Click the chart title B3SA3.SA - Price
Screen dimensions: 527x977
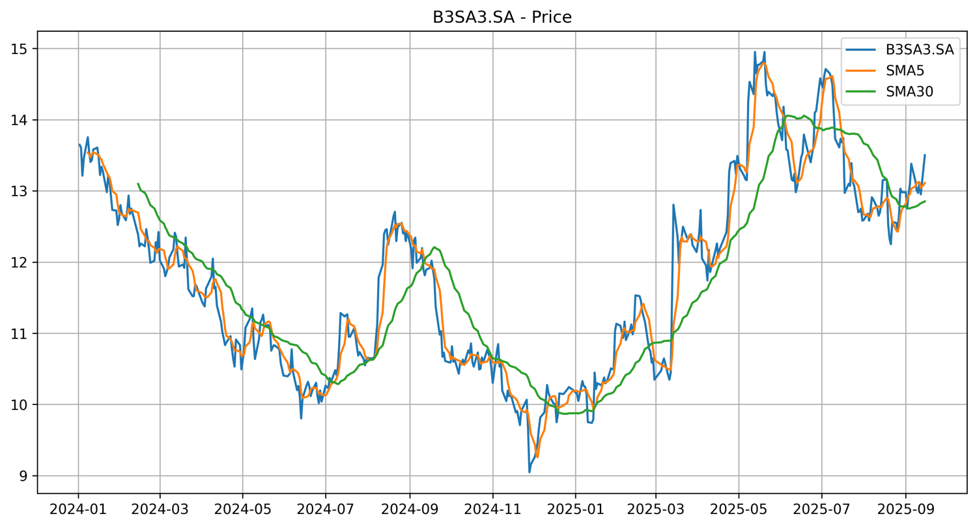tap(502, 18)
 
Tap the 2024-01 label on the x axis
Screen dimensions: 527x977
tap(78, 507)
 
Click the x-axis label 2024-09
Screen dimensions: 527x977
tap(410, 507)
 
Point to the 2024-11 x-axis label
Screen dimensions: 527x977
tap(492, 507)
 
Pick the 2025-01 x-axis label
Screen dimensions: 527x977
tap(575, 507)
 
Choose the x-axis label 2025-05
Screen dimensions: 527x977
tap(739, 507)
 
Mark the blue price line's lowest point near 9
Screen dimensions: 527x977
tap(530, 472)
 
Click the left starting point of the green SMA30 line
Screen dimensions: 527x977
tap(138, 184)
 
